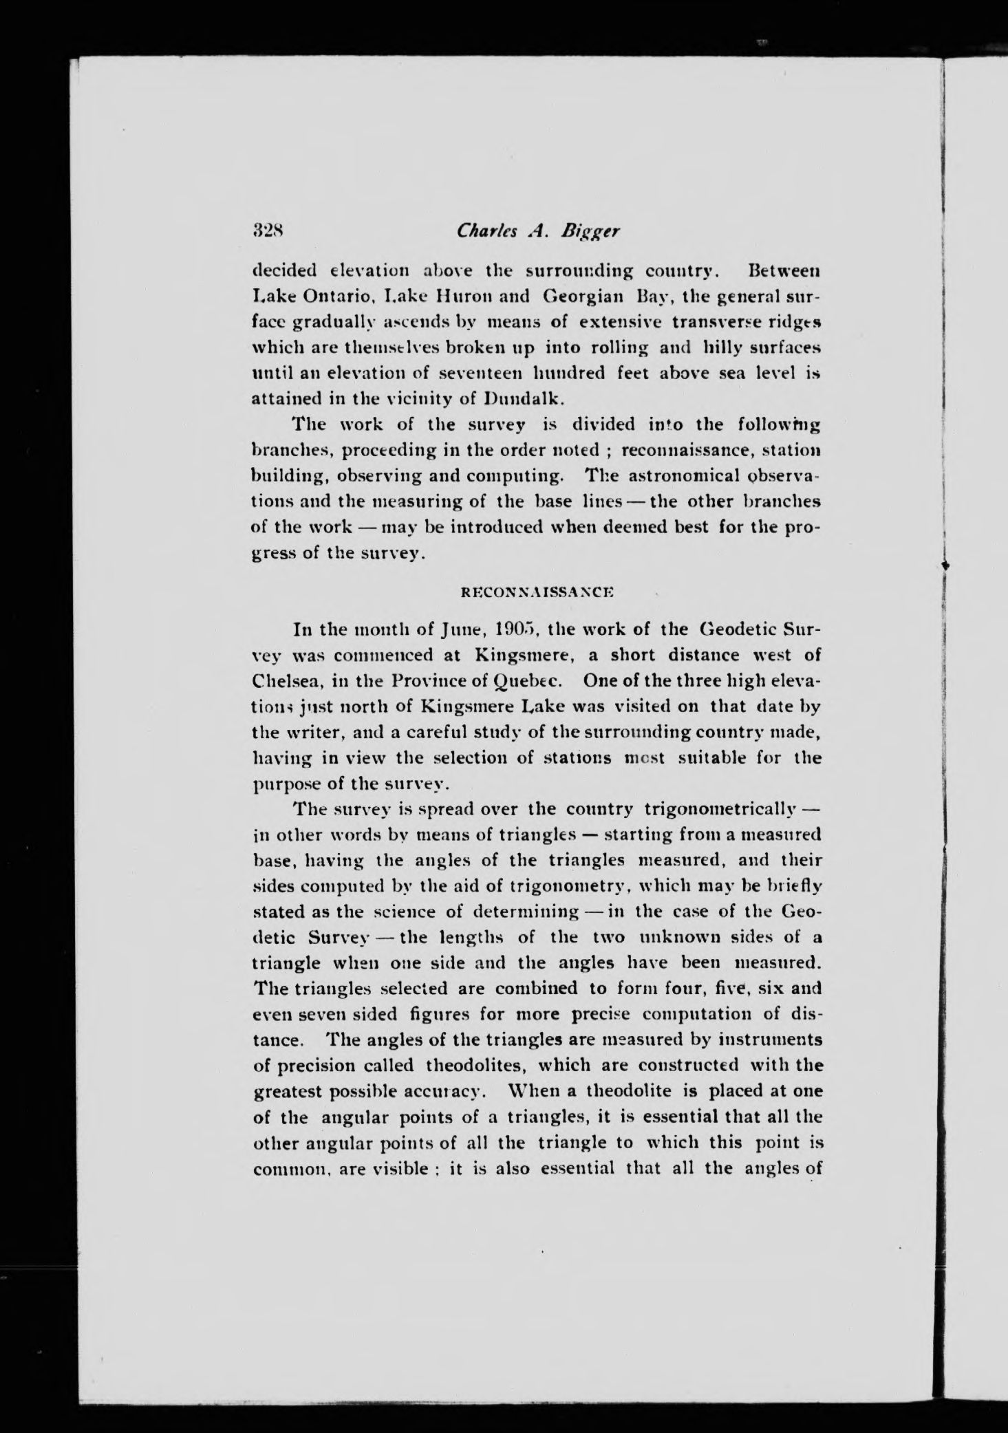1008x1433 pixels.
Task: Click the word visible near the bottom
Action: tap(398, 1169)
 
